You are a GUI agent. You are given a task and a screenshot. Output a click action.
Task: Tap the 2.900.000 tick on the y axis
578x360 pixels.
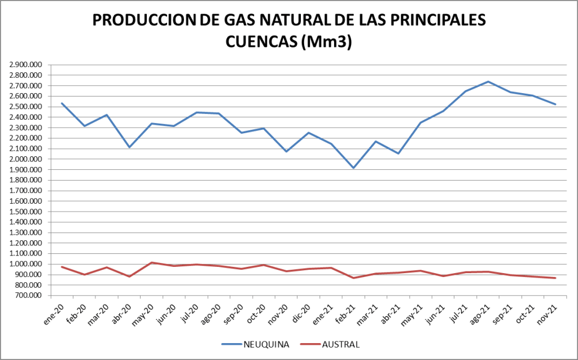click(25, 65)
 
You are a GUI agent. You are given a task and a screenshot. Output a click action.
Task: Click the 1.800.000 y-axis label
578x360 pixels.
click(25, 180)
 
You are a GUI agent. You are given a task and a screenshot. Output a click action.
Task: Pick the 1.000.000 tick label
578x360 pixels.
click(25, 264)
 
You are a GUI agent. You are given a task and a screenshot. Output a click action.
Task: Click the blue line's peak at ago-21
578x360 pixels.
click(488, 81)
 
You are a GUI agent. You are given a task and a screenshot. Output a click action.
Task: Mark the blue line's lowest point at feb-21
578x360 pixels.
click(354, 168)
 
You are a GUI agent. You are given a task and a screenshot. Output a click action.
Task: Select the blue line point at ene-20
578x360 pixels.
click(62, 103)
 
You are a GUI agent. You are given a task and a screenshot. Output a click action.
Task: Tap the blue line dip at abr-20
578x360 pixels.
click(129, 147)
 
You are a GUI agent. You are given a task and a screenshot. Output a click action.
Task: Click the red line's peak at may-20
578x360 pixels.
click(152, 262)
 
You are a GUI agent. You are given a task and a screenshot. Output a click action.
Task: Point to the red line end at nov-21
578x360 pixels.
click(555, 278)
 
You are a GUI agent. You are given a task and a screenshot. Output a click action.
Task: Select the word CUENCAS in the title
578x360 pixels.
click(261, 42)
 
